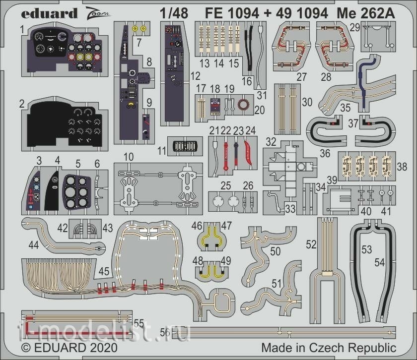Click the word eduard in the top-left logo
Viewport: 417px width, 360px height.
[49, 13]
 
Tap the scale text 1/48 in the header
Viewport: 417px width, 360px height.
[174, 13]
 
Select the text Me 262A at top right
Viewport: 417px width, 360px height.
[366, 13]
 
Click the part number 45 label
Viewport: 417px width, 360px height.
[104, 271]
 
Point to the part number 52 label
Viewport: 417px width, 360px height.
[311, 244]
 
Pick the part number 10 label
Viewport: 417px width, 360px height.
[129, 157]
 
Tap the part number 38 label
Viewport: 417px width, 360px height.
[402, 167]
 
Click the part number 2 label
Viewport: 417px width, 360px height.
[22, 104]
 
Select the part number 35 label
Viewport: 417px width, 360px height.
[346, 108]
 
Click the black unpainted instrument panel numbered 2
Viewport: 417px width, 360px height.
[65, 124]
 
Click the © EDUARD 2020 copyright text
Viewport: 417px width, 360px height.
[69, 348]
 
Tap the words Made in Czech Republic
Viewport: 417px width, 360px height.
[329, 348]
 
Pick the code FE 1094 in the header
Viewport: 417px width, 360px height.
[232, 13]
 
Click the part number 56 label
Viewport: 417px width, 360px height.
[165, 332]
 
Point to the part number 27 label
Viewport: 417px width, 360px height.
[302, 77]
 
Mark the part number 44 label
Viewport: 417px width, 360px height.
[34, 245]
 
